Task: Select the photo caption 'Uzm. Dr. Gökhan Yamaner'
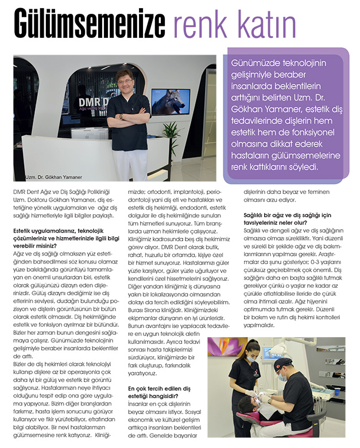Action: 54,177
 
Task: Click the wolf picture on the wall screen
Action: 171,101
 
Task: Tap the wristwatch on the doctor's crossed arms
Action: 121,117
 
